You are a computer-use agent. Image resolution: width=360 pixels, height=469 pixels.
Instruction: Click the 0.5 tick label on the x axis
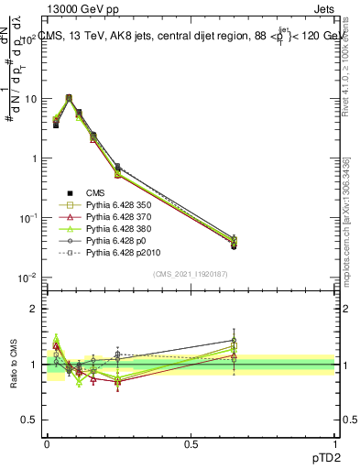tap(191, 442)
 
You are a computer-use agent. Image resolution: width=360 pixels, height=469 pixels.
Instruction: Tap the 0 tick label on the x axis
tap(47, 442)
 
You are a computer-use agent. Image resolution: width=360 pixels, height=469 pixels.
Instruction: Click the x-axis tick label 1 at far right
tap(334, 442)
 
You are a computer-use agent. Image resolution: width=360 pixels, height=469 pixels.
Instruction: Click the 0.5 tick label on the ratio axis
tap(31, 420)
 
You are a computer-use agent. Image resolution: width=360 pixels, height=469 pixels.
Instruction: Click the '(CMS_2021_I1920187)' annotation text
tap(191, 274)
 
